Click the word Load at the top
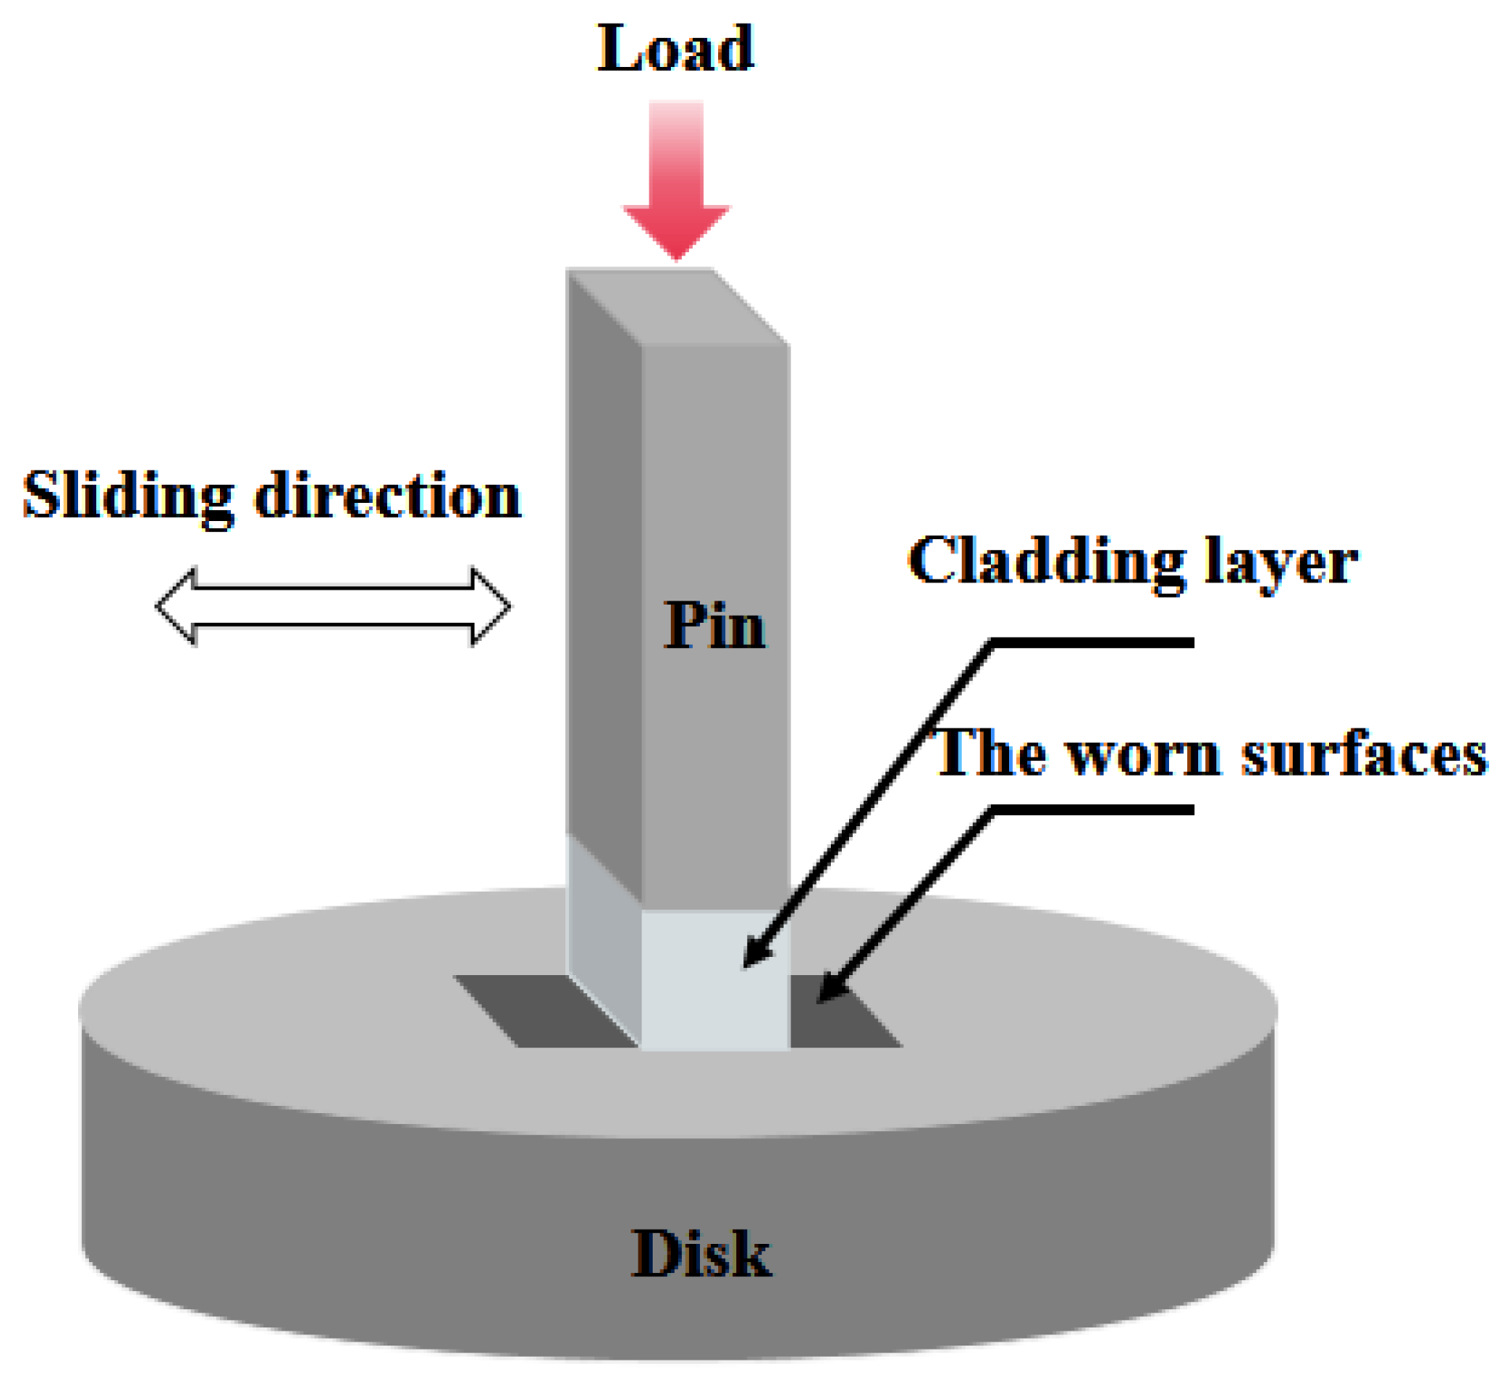tap(675, 49)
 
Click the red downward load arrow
tap(676, 181)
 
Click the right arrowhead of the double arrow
tap(490, 606)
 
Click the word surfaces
tap(1364, 754)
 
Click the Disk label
tap(701, 1253)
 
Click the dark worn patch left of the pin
tap(544, 1011)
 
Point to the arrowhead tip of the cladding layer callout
tap(746, 966)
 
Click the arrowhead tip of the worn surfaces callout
tap(820, 1001)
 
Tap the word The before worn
tap(990, 754)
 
